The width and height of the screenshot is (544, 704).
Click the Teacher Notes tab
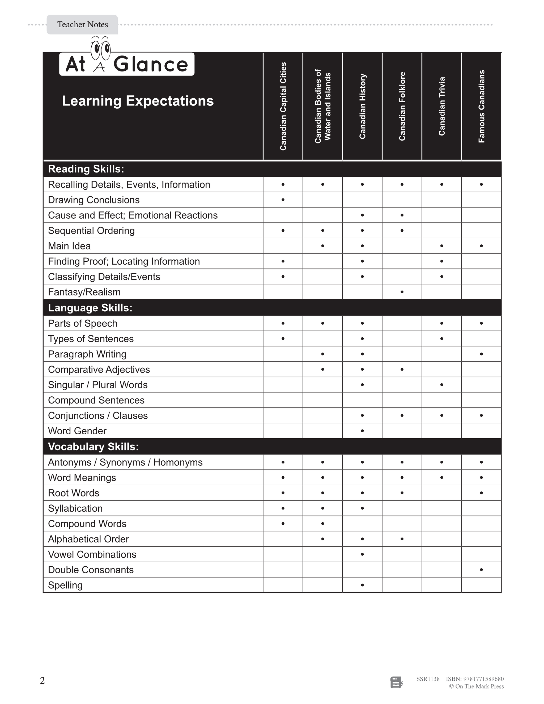(x=83, y=24)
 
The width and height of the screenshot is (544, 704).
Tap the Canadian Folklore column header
(x=402, y=106)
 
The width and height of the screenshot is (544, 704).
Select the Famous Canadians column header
(x=481, y=106)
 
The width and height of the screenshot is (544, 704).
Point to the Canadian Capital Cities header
(x=283, y=106)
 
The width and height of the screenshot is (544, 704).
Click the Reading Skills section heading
(x=86, y=169)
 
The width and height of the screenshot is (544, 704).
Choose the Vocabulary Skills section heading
(x=93, y=447)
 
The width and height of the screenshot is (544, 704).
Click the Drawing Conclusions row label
(x=94, y=200)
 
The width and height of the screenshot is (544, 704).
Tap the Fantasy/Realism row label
(x=84, y=292)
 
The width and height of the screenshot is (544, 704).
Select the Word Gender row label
(x=77, y=431)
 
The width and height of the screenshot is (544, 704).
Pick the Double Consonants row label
(x=91, y=570)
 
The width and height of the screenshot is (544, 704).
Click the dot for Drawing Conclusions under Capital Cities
(x=283, y=200)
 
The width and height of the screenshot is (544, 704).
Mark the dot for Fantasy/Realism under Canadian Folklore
(x=402, y=292)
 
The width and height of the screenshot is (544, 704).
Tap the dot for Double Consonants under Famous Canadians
(x=481, y=570)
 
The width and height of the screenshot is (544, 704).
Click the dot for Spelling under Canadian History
(x=362, y=585)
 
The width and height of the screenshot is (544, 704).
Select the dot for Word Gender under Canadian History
(x=362, y=431)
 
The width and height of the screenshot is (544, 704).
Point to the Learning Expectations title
(x=138, y=101)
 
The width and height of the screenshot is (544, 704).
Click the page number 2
(x=42, y=680)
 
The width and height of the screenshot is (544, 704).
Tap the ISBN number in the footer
(x=475, y=679)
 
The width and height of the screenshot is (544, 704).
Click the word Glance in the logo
(x=151, y=65)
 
